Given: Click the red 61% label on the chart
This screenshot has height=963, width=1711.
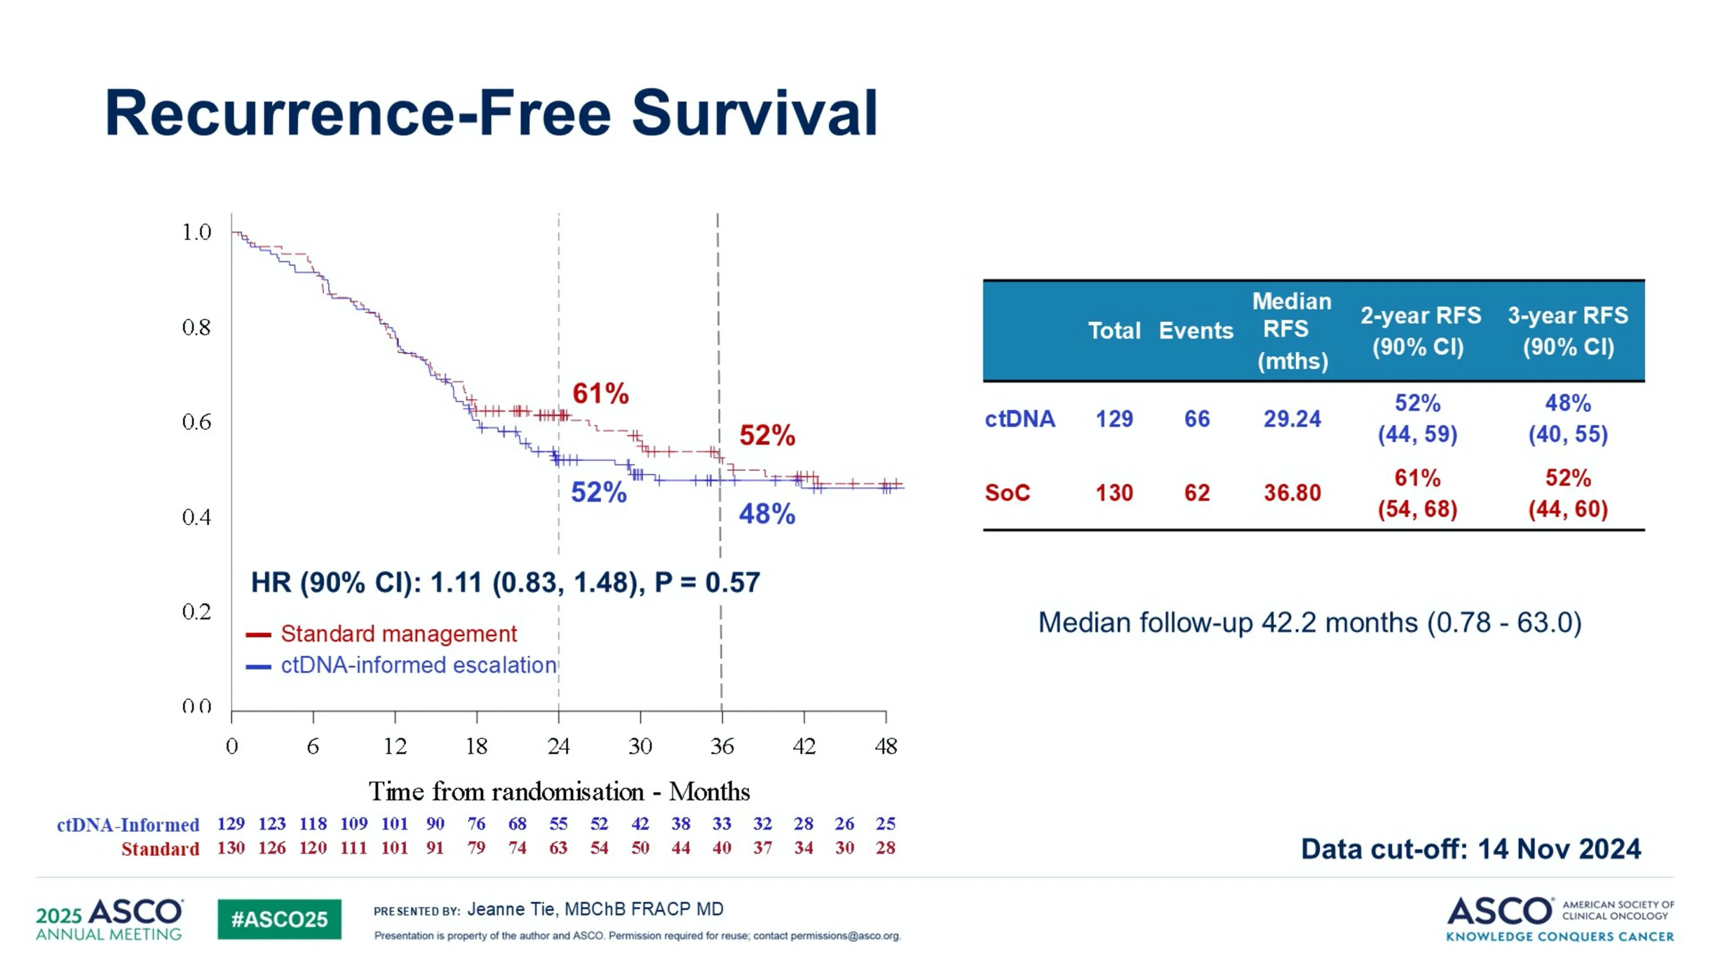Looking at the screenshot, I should (x=600, y=393).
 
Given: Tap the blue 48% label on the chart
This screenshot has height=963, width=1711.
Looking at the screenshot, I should (x=766, y=514).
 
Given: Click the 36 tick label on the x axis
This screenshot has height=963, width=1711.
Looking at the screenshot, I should (x=722, y=746).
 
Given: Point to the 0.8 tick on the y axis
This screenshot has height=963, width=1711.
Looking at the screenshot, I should (x=196, y=327).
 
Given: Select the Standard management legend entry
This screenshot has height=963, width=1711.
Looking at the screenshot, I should (x=398, y=634).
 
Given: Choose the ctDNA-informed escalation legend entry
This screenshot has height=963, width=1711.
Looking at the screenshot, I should (x=418, y=665).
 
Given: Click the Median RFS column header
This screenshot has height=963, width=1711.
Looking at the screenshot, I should (x=1292, y=330).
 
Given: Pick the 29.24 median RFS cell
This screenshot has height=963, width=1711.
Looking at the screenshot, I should (x=1292, y=419).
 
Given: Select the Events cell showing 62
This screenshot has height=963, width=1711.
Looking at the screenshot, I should (x=1196, y=493).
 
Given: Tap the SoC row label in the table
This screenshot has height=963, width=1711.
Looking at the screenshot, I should (x=1007, y=493).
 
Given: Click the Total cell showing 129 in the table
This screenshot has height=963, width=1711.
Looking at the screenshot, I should (x=1114, y=419).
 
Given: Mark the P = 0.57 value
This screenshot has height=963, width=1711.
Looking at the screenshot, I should (x=707, y=582).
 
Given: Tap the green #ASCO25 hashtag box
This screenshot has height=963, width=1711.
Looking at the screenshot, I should (x=279, y=919).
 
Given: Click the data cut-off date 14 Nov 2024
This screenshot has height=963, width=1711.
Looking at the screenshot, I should (x=1559, y=849).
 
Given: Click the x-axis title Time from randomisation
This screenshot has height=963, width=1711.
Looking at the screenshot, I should (x=559, y=792).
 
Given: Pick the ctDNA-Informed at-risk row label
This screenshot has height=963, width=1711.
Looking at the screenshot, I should (x=128, y=824).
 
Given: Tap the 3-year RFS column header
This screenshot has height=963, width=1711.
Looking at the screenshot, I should (x=1568, y=330).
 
